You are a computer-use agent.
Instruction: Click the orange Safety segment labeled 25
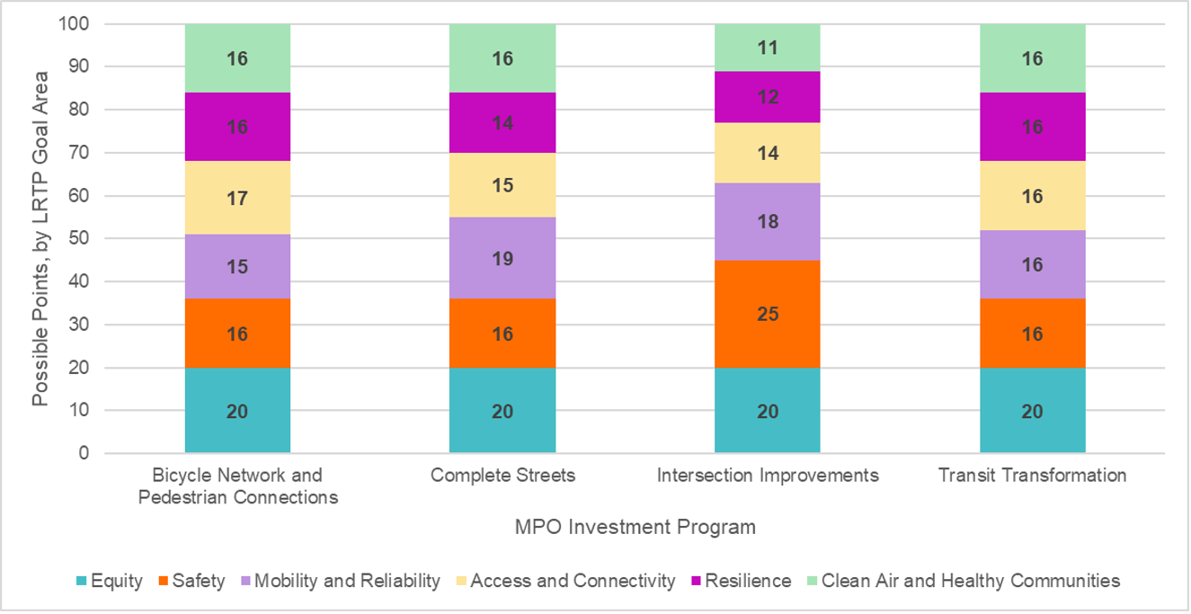(767, 314)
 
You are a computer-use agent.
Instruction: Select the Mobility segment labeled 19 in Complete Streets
(502, 260)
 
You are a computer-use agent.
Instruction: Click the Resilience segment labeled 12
(767, 95)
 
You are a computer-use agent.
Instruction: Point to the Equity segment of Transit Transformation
(1032, 411)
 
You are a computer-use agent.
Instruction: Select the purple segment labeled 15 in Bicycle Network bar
(237, 267)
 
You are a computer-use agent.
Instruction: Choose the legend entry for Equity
(109, 581)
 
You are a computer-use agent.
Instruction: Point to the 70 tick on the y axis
(78, 153)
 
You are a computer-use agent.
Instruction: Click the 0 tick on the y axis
(83, 454)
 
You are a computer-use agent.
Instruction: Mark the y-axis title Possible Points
(40, 238)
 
